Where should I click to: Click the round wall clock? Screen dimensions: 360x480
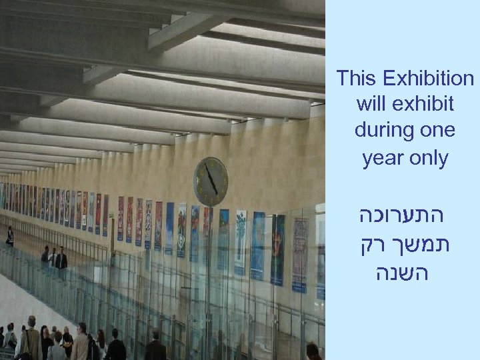click(x=211, y=181)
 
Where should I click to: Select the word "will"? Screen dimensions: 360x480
click(x=370, y=105)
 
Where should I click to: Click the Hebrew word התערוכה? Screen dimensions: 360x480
click(x=406, y=218)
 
